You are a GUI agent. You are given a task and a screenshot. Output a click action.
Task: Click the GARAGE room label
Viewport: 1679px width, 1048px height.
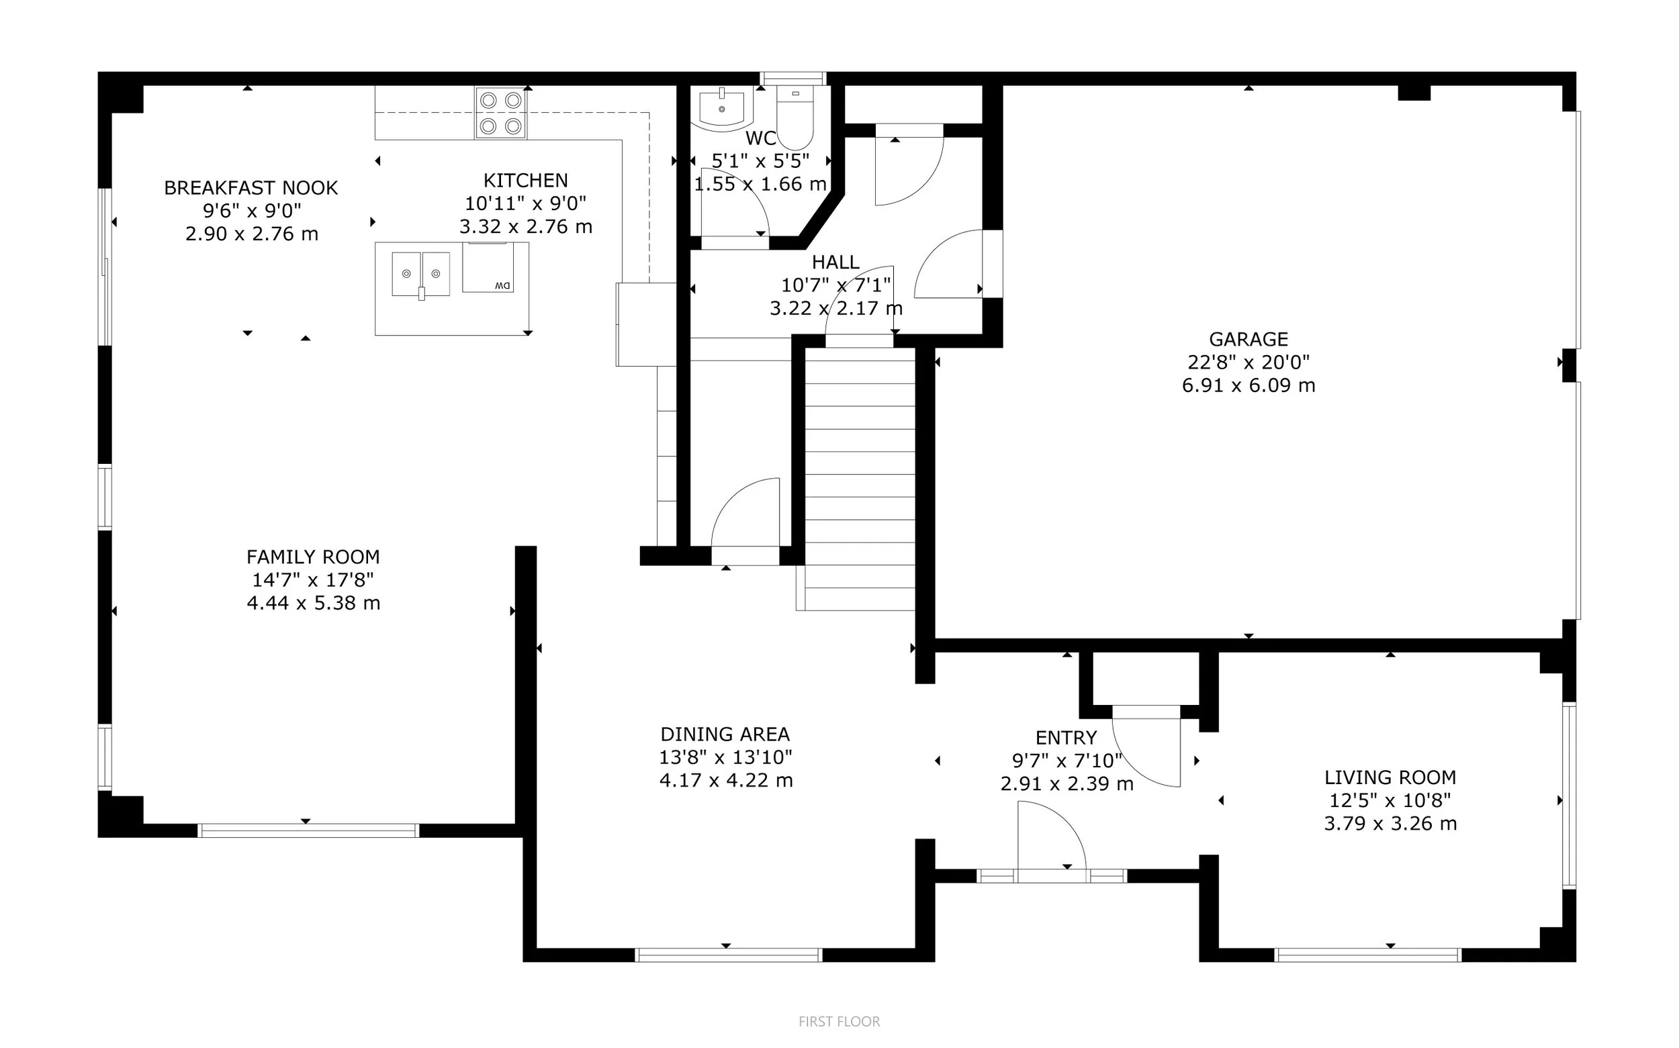[x=1248, y=339]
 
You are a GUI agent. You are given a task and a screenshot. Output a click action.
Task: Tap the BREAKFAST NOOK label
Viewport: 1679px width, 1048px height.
[x=251, y=188]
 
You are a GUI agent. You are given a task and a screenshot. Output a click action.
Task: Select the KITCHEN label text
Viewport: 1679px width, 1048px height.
[x=525, y=180]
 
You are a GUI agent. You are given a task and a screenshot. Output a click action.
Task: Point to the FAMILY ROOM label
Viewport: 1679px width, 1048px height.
[x=314, y=557]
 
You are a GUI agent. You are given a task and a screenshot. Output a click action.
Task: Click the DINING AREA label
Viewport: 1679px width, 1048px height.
[x=725, y=734]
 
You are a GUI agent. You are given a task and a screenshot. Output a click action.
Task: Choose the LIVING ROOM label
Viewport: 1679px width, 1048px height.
[x=1390, y=777]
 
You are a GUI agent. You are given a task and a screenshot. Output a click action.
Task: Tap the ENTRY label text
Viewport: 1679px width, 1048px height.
[x=1067, y=737]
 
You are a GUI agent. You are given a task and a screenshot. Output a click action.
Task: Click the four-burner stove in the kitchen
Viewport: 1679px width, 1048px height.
[x=500, y=112]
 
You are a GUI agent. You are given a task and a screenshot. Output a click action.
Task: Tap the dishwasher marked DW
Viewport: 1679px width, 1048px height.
[x=488, y=267]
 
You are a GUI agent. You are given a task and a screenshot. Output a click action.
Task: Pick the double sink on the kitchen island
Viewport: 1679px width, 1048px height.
[x=421, y=275]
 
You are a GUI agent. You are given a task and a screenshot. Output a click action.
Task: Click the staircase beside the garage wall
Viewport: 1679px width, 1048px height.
[x=859, y=478]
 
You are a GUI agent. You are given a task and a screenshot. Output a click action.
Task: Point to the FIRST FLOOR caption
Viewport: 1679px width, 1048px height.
[x=839, y=1021]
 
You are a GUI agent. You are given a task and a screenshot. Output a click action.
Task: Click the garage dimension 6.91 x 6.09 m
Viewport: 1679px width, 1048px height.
[x=1248, y=385]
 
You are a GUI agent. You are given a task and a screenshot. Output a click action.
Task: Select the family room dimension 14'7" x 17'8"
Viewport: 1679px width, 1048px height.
[x=314, y=579]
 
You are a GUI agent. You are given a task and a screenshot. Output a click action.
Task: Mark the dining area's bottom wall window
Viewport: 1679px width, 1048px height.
[x=729, y=955]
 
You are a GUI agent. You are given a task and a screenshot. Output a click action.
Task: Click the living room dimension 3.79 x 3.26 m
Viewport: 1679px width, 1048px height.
[x=1390, y=823]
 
